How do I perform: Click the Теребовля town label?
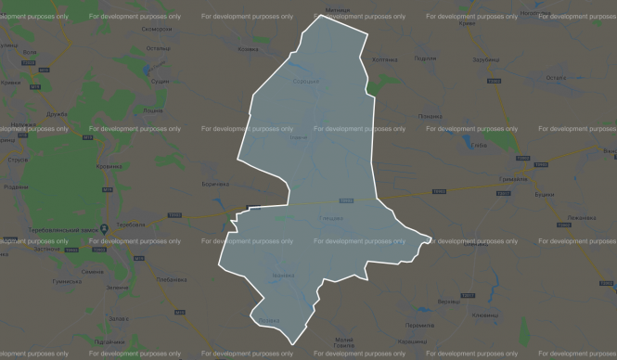131,226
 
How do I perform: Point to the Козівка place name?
248,49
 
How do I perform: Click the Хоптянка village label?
384,59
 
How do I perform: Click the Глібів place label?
480,146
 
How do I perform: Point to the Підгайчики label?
111,341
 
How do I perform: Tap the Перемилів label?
419,324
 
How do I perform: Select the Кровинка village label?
109,167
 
